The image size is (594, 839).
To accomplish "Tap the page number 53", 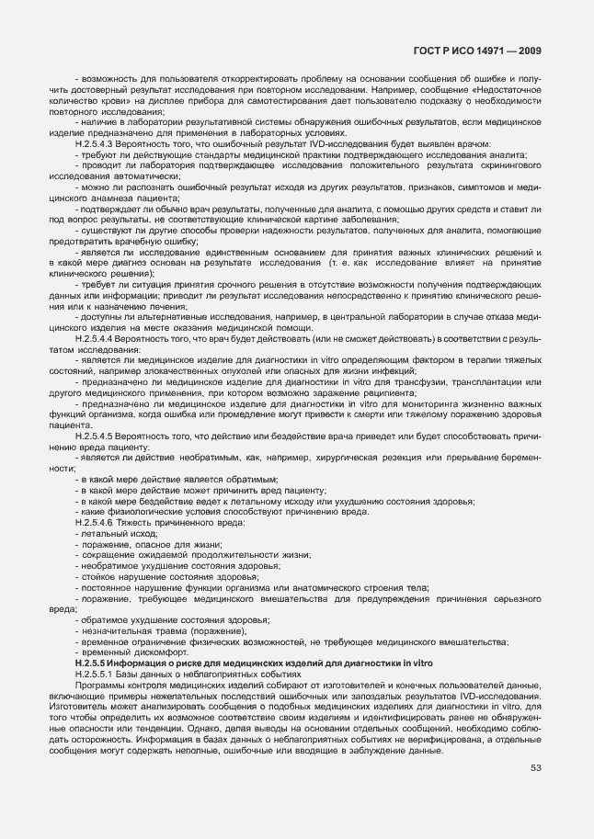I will click(535, 768).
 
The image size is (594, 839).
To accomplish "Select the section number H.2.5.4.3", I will click(95, 145).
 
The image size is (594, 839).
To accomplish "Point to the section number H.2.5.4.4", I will click(95, 340).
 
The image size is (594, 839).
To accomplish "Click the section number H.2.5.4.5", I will click(95, 437).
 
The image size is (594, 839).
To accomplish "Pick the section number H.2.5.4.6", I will click(95, 523).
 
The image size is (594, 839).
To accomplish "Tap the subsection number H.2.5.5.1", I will click(97, 675).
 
